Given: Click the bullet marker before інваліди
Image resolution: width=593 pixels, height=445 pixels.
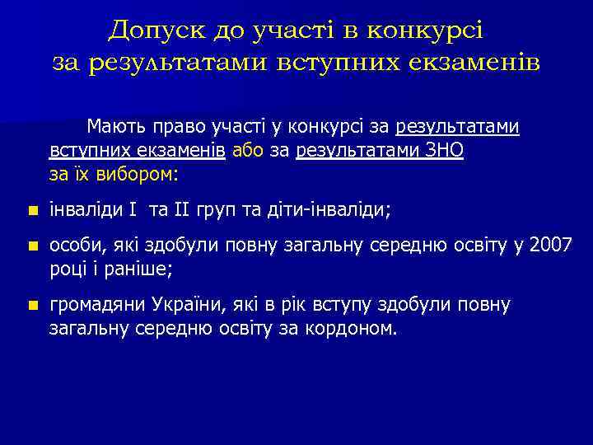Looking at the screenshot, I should (31, 211).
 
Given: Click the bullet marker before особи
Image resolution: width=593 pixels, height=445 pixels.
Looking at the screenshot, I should (31, 246).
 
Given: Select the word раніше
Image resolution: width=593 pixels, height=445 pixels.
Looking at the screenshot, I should (145, 269).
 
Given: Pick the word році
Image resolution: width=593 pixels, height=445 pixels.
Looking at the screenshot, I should (68, 269).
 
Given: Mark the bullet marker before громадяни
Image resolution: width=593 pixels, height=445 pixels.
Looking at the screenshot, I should (31, 306).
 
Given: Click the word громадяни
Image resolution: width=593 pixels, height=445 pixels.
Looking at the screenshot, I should (97, 306).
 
